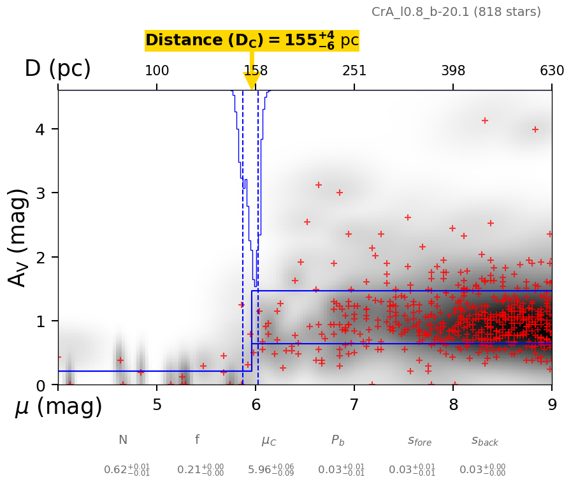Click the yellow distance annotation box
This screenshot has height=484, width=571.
coord(252,41)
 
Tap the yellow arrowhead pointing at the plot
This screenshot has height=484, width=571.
coord(252,81)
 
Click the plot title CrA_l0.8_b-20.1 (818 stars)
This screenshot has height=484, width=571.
coord(456,11)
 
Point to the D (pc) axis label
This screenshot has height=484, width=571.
coord(57,69)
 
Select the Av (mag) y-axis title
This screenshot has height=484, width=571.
coord(18,237)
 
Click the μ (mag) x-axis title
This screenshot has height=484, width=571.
coord(58,406)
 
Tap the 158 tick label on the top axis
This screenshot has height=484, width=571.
coord(256,71)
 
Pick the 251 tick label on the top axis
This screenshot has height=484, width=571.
coord(354,71)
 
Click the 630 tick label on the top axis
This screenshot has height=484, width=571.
coord(552,71)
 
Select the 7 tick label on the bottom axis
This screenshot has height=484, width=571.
coord(354,405)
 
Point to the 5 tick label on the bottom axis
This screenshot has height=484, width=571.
coord(157,405)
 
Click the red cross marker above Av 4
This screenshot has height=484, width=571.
coord(484,121)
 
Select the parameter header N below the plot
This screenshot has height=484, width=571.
coord(122,440)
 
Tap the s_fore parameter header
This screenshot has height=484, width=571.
coord(419,441)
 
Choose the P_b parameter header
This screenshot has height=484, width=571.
coord(338,441)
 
